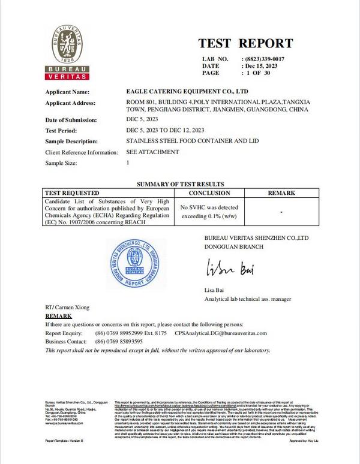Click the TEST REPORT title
[x=245, y=43]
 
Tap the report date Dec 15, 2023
[x=262, y=65]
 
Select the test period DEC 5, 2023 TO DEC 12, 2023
[x=166, y=130]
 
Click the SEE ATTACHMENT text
[x=152, y=152]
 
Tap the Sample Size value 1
[x=128, y=162]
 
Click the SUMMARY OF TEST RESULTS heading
[x=180, y=183]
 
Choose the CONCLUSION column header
[x=209, y=193]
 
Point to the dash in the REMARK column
[x=281, y=212]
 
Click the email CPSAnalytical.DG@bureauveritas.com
[x=221, y=333]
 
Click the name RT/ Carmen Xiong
[x=68, y=307]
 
